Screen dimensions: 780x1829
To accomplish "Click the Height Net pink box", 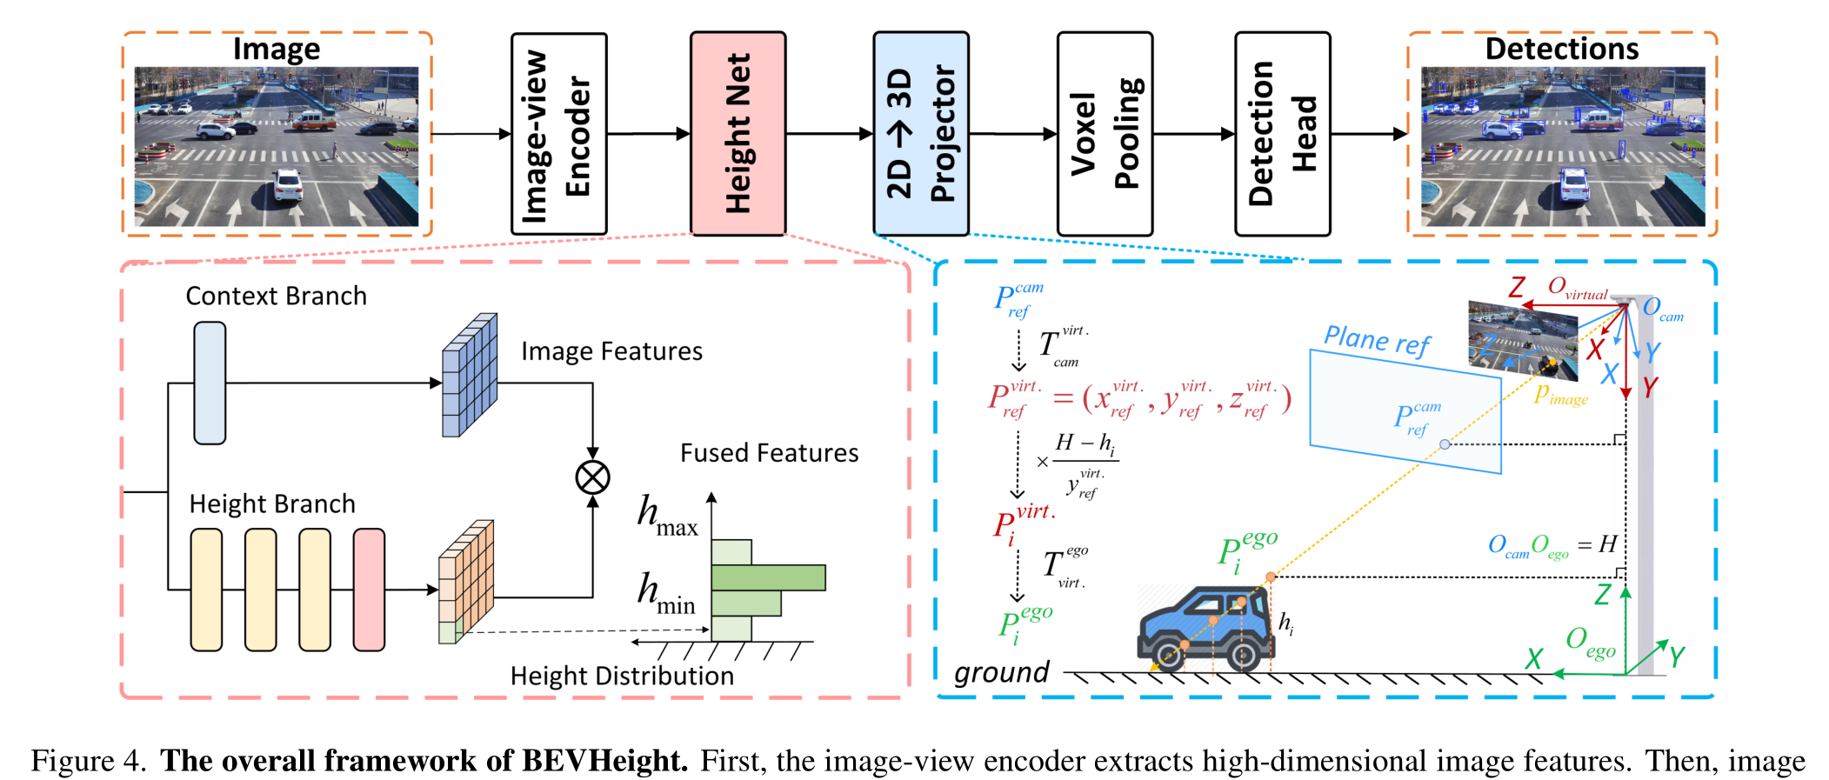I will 738,134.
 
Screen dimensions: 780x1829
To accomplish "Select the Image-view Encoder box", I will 558,134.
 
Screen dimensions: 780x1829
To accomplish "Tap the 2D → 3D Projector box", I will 921,134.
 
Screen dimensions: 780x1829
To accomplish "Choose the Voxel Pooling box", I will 1105,134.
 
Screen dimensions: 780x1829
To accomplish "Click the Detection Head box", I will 1283,134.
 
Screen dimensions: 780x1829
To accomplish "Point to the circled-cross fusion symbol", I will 592,477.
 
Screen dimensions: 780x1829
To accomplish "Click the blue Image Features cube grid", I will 470,376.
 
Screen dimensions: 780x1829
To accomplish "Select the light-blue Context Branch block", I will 210,383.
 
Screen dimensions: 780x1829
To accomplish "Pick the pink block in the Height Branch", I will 369,590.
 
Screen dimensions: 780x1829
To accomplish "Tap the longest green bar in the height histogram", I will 767,577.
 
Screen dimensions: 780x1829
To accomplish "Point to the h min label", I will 666,594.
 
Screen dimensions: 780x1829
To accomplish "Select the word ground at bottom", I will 1001,672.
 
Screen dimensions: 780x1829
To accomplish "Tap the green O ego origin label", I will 1590,643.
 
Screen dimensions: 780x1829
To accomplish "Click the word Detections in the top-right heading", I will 1561,49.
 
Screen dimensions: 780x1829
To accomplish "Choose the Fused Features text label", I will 769,453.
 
